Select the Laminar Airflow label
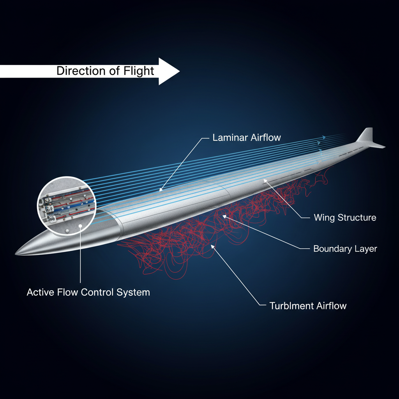246,138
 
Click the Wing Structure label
345,217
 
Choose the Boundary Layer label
345,249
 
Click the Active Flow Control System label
88,292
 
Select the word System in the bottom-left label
133,292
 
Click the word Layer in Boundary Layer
365,249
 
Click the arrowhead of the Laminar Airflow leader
159,191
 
